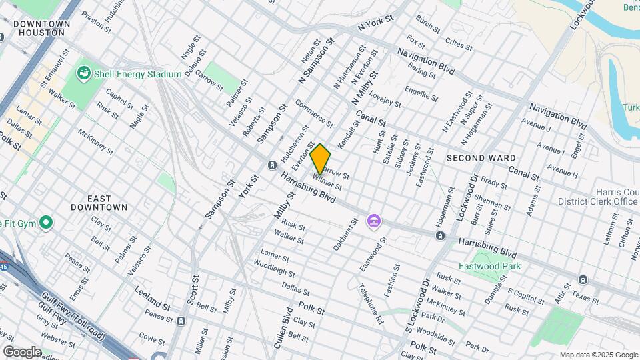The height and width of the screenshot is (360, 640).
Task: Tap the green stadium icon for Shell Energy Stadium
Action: tap(84, 73)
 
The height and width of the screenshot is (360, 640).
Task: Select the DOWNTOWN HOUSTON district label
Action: tap(41, 28)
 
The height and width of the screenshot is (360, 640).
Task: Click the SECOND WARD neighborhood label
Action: tap(481, 158)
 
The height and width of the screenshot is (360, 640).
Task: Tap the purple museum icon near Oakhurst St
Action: tap(374, 221)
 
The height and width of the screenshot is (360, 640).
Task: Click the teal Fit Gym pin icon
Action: tap(46, 222)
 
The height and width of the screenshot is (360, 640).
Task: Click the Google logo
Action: tap(22, 351)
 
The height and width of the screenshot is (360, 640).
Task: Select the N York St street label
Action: tap(377, 25)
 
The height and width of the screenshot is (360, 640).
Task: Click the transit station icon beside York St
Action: tap(272, 165)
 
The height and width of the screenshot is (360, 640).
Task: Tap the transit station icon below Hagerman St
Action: tap(440, 235)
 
